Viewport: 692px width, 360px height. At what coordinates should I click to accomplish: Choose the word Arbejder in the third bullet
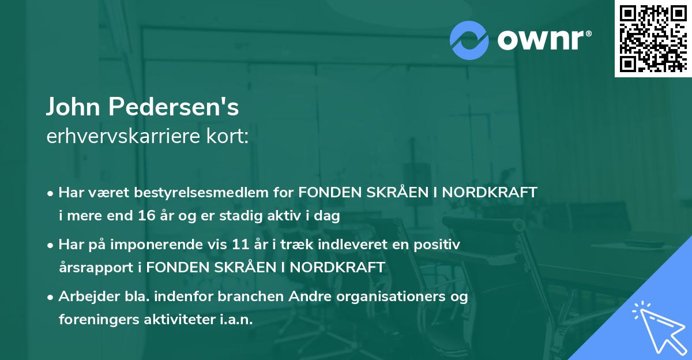(x=84, y=297)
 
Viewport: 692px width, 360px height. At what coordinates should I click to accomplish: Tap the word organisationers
(x=388, y=297)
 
